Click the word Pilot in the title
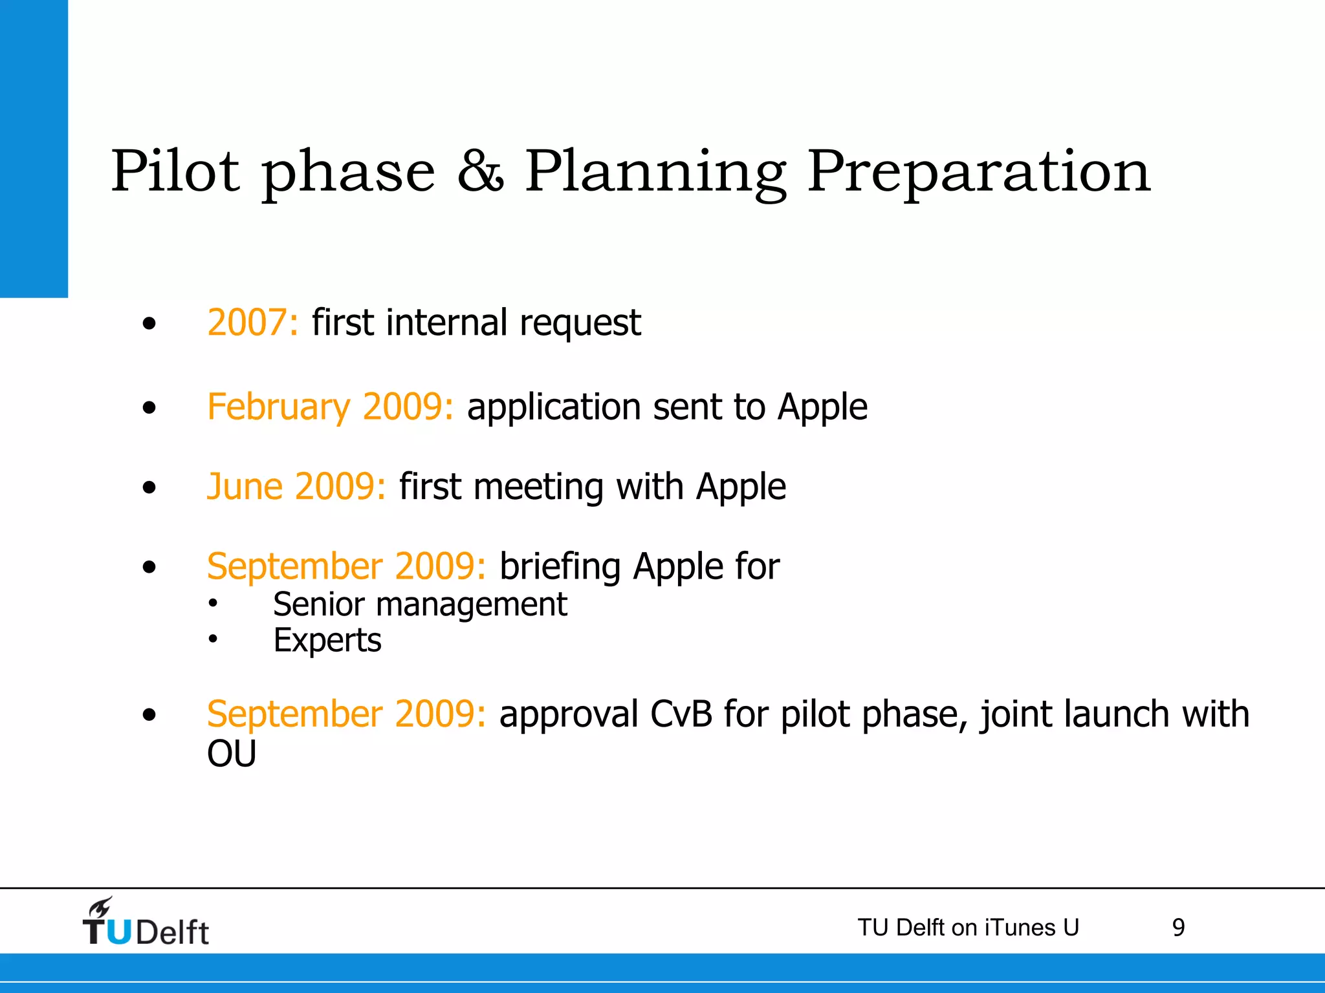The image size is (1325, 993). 175,171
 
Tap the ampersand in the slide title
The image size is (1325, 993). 479,171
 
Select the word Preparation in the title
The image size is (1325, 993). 979,171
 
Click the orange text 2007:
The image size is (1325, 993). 252,323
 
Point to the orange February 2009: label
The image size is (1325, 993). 330,407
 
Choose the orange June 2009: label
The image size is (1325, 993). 296,487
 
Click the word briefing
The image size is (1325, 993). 560,568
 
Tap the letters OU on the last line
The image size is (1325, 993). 232,754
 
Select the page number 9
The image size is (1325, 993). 1178,928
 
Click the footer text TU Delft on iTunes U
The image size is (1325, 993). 968,928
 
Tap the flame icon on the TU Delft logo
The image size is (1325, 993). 101,908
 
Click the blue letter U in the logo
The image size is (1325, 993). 118,932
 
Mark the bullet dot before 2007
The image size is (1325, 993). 149,323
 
